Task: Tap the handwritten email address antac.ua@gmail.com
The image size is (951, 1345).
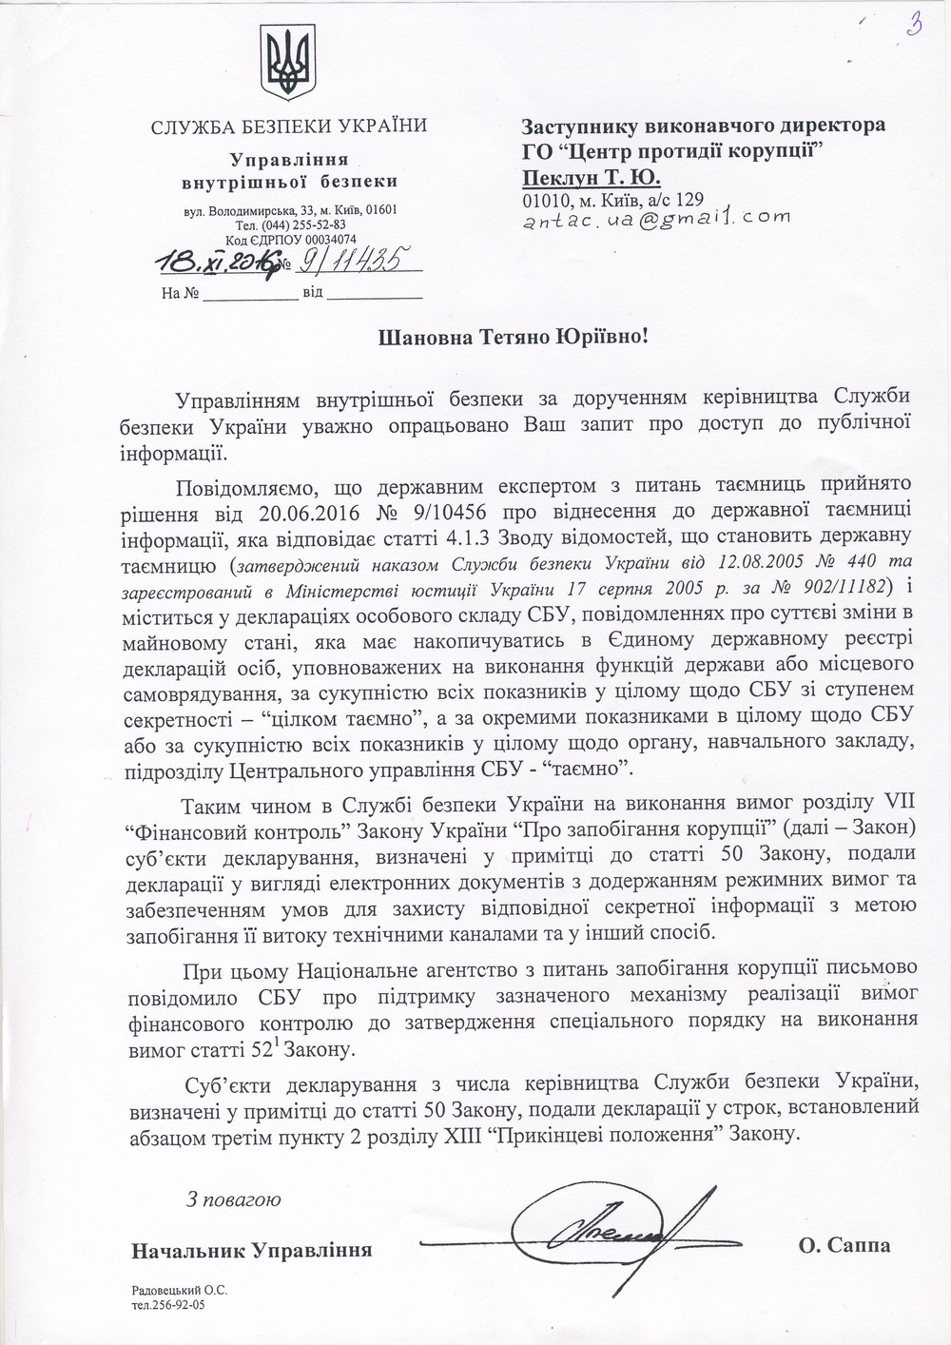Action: click(656, 219)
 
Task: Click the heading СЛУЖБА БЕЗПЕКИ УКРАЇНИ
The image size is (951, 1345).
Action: click(290, 126)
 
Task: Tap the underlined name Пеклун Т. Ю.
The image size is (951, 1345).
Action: click(591, 177)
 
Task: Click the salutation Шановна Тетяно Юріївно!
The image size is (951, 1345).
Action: click(516, 337)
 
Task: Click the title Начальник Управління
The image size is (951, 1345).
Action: click(252, 1250)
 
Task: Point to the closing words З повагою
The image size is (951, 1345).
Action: click(234, 1199)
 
